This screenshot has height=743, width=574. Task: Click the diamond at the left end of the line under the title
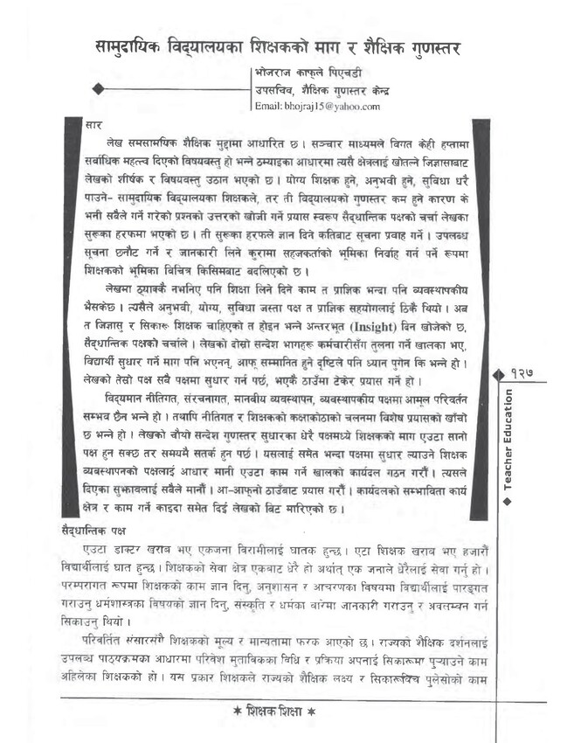(98, 88)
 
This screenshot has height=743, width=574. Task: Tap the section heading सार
(95, 126)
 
